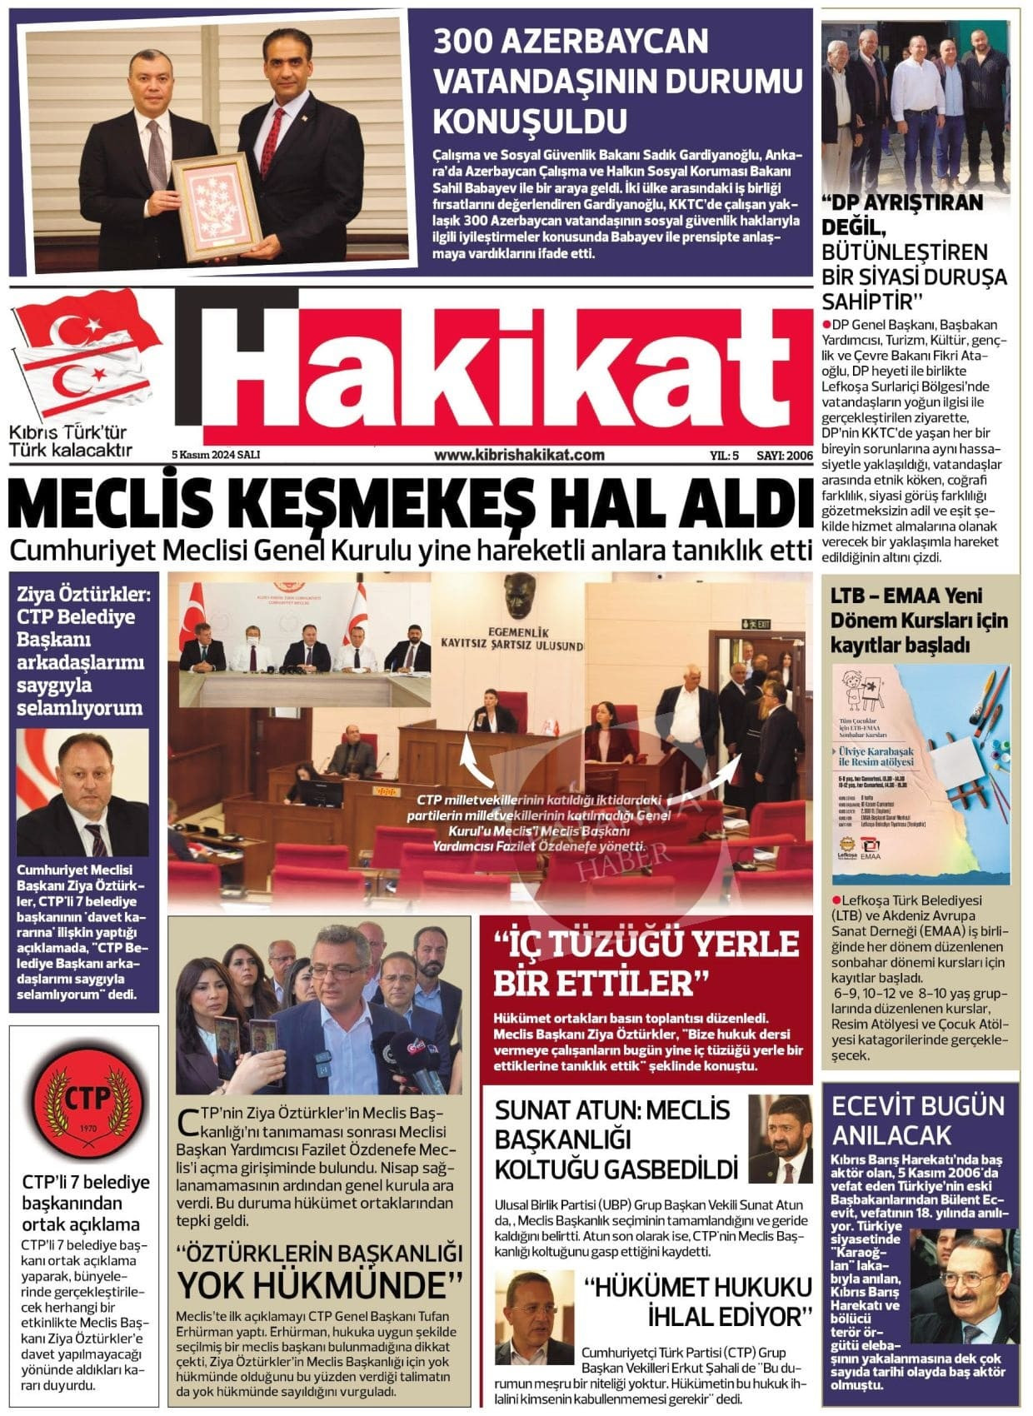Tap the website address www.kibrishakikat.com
tap(519, 455)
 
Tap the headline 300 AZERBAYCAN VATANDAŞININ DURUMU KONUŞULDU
tap(617, 81)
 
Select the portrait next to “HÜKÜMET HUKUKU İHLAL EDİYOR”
tap(534, 1317)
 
